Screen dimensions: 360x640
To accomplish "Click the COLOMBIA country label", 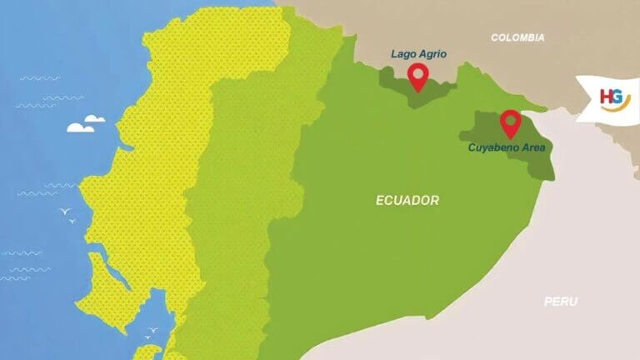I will pos(517,37).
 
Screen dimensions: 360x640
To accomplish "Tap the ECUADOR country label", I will pos(407,201).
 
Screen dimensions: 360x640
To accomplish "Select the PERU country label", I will pos(561,302).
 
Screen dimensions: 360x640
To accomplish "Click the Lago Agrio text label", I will pos(419,54).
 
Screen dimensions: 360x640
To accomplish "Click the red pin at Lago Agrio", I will pos(418,77).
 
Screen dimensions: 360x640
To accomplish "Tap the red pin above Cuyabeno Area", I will pos(510,124).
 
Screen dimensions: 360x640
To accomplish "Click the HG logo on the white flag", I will pos(615,99).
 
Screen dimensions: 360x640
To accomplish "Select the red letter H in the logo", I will pos(607,97).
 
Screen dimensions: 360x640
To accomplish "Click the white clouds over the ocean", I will pos(85,125).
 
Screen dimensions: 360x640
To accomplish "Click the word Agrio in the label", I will pos(433,54).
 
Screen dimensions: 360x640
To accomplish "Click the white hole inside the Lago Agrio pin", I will pos(418,74).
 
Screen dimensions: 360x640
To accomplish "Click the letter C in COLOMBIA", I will pos(495,37).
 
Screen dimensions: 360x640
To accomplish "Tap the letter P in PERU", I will pos(548,302).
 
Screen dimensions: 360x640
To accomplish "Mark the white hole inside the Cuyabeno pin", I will pos(510,120).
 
